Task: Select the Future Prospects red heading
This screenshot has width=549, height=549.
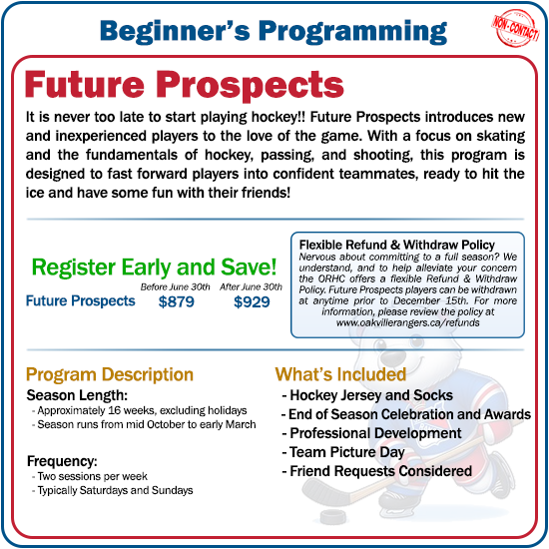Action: tap(184, 84)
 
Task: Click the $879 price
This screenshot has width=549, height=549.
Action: tap(177, 301)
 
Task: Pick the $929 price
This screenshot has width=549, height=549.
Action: tap(252, 301)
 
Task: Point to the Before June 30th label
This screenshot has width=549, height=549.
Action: tap(177, 286)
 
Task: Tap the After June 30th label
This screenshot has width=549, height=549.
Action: tap(253, 286)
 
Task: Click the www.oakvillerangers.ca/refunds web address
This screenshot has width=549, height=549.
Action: tap(406, 323)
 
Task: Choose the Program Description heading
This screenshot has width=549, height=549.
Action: tap(110, 374)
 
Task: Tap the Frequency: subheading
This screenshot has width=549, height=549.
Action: tap(62, 462)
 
